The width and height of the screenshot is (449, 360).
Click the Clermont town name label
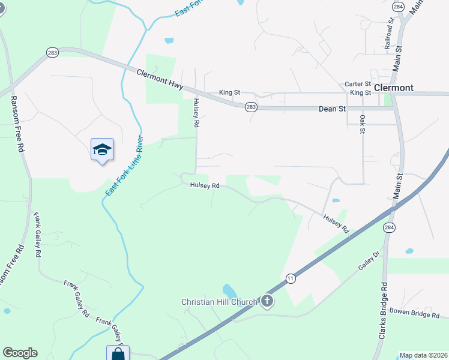click(x=393, y=88)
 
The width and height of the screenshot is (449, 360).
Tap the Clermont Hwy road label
click(x=160, y=79)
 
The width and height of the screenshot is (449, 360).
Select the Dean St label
click(x=332, y=109)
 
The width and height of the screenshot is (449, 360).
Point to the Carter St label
click(x=358, y=85)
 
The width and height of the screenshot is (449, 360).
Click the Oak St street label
click(x=363, y=124)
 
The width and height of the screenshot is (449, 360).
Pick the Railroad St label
click(x=389, y=33)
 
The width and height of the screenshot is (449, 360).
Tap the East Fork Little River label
click(x=124, y=166)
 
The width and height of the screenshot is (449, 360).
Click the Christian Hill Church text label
click(x=220, y=302)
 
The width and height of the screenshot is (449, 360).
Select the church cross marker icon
click(x=267, y=302)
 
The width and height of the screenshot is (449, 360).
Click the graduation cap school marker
click(x=102, y=149)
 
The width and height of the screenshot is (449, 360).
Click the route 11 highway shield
click(x=291, y=278)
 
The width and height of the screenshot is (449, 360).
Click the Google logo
click(x=20, y=353)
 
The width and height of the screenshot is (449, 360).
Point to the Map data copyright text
click(x=423, y=355)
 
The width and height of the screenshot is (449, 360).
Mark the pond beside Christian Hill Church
click(x=229, y=292)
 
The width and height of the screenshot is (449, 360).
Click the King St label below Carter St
click(x=360, y=93)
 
